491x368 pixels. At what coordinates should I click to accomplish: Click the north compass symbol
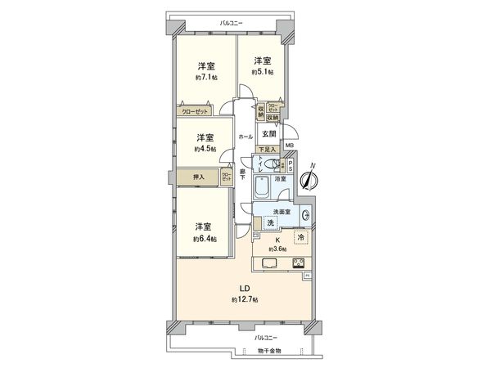tap(309, 181)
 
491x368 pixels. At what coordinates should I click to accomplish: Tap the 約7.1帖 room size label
tap(205, 78)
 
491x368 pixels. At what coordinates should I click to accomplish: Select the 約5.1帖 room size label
tap(263, 72)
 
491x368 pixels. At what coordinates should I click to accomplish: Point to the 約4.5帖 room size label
tap(205, 149)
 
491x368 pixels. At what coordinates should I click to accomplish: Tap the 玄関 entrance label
tap(268, 134)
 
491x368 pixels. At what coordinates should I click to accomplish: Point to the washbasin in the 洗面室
tap(305, 216)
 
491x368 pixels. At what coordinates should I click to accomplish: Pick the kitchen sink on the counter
tap(272, 263)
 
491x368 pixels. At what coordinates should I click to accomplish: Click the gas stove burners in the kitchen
tap(298, 263)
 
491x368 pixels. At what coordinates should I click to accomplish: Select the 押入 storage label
tap(198, 177)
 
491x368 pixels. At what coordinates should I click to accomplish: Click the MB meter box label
tap(289, 146)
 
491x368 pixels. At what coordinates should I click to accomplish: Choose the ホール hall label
tap(245, 136)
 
